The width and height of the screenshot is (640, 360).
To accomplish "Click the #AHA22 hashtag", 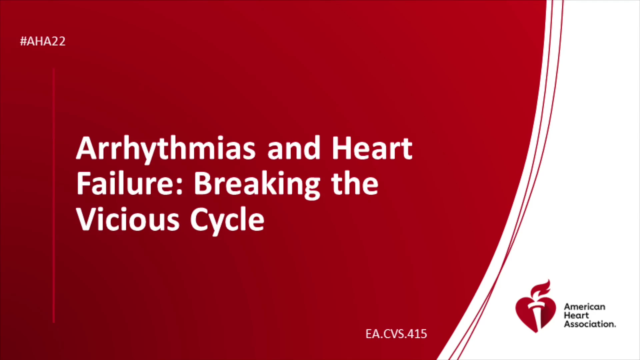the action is [43, 41].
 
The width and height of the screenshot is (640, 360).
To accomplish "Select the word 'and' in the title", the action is [294, 148].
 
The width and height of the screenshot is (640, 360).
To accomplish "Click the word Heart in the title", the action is [372, 148].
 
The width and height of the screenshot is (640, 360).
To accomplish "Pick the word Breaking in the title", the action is [257, 185].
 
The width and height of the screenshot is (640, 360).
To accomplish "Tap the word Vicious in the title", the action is [128, 219].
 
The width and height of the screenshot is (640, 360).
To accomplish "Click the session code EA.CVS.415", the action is [396, 334].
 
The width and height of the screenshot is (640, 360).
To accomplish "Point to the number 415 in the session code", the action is [417, 334].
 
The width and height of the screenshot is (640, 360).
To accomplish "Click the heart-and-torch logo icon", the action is [536, 307].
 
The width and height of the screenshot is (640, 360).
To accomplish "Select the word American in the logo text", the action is [584, 307].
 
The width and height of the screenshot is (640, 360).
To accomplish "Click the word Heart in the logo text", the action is [576, 315].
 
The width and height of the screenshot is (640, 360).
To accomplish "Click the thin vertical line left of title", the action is [54, 195].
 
